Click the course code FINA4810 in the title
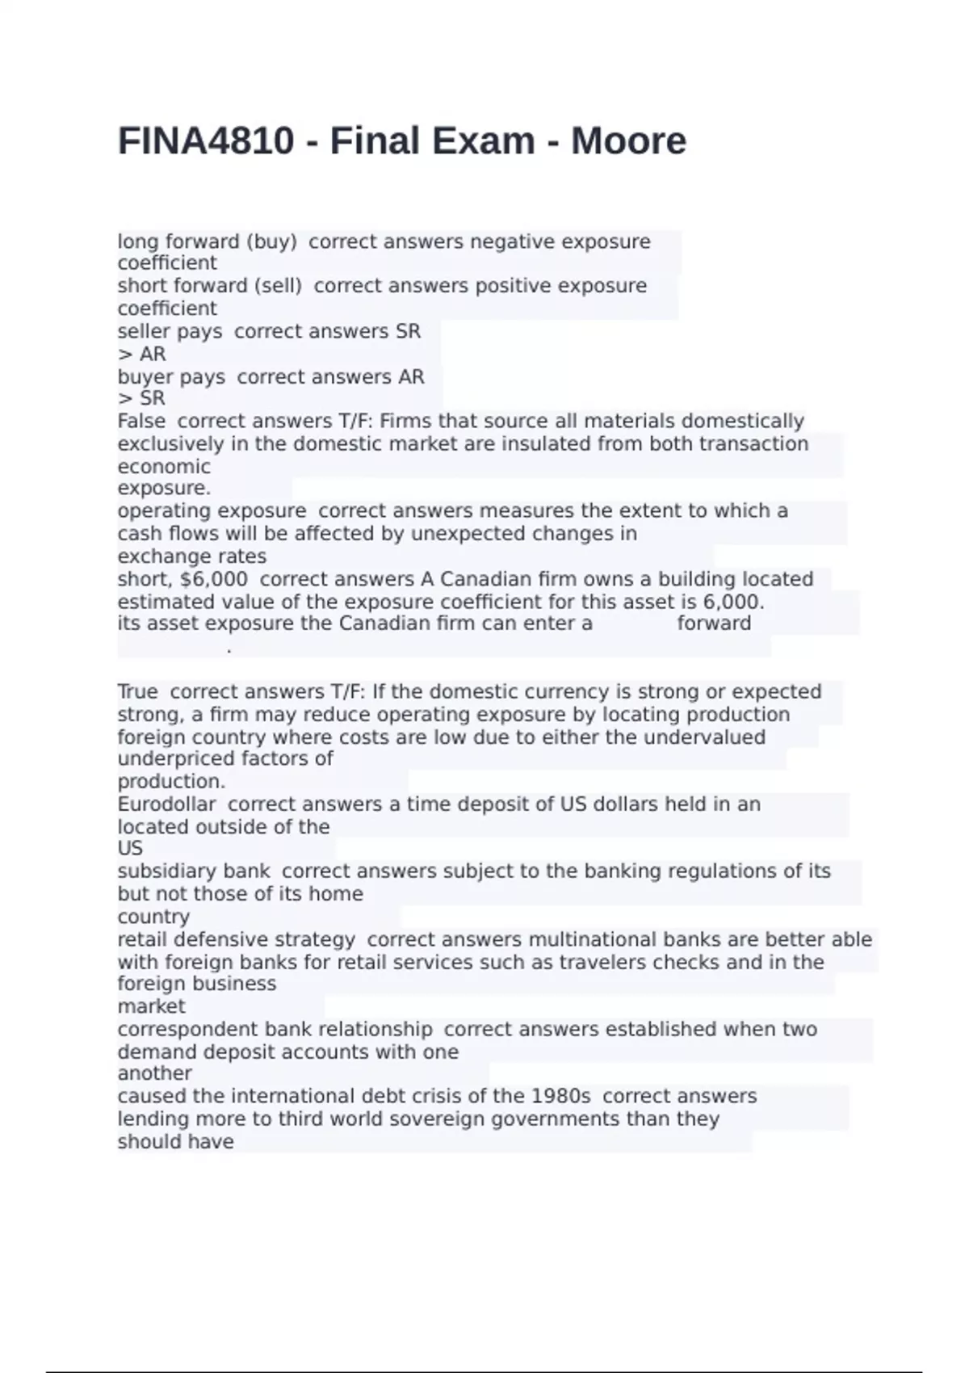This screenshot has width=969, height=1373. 206,141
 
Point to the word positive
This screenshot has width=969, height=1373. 512,286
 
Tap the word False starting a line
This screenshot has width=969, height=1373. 141,422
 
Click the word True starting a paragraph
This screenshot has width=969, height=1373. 138,692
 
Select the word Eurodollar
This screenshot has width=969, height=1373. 167,804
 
